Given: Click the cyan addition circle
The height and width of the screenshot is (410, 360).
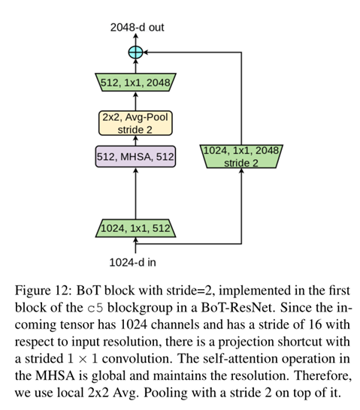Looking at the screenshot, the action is (x=135, y=53).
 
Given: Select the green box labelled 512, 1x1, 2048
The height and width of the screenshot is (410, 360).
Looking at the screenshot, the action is (x=135, y=83).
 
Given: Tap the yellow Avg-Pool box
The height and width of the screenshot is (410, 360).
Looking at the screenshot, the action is (x=135, y=123).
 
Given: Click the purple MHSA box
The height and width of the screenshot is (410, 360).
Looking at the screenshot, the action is (x=135, y=157).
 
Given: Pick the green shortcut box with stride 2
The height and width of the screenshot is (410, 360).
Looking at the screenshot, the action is (x=241, y=156).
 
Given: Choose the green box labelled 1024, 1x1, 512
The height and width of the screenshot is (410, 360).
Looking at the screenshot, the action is (x=135, y=228).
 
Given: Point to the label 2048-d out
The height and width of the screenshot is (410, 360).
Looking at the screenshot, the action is (x=137, y=28).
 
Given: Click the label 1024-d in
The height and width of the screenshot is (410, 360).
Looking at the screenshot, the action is (x=132, y=262).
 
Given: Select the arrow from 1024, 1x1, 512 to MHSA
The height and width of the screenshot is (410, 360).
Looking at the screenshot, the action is (x=135, y=194).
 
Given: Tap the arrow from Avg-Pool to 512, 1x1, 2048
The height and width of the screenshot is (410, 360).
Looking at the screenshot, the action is (x=135, y=101).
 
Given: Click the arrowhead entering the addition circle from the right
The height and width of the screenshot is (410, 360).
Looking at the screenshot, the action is (x=146, y=53).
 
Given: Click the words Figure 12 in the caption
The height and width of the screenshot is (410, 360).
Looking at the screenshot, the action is (x=43, y=291).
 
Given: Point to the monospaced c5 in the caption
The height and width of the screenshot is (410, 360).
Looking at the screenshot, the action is (x=95, y=309).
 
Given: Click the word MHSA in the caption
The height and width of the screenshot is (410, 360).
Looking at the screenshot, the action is (x=55, y=375).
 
